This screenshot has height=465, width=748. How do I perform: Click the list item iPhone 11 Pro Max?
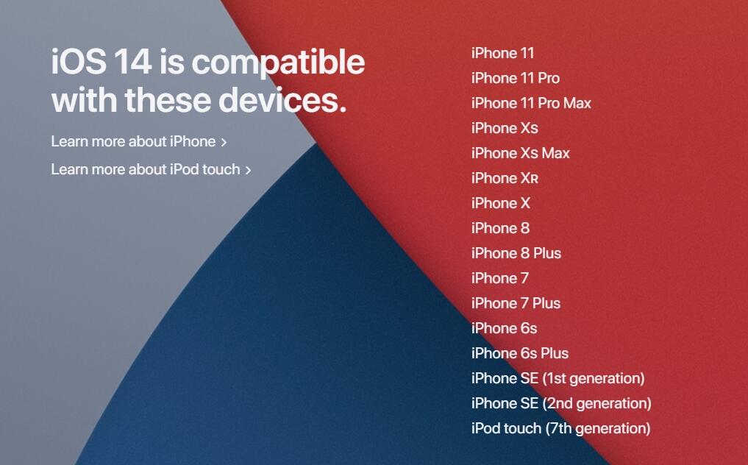point(531,103)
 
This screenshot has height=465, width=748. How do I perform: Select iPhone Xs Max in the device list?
point(520,153)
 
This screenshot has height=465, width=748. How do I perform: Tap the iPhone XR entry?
point(505,178)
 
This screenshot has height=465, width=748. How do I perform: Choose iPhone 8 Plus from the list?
point(516,253)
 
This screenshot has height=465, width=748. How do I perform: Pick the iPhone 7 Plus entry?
point(516,303)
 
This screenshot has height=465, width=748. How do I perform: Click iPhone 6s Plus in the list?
point(519,353)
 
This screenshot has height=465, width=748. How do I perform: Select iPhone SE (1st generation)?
point(558,378)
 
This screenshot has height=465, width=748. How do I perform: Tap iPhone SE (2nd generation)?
point(560,403)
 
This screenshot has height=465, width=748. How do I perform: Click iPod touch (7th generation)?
point(560,428)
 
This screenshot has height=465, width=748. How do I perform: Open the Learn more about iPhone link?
point(133,141)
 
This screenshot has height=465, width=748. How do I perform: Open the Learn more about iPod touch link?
point(146,169)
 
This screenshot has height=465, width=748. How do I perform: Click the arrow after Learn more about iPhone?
point(224,142)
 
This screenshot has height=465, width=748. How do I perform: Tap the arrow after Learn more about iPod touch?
point(248,170)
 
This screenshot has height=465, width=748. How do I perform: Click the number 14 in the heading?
point(132,62)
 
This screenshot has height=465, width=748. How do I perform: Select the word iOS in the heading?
point(77,62)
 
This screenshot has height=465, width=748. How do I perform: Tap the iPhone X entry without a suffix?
point(500,203)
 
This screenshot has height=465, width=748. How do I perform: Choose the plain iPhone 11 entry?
point(502,53)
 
